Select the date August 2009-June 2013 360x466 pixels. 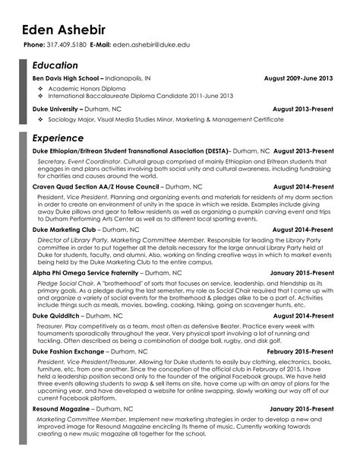(298, 78)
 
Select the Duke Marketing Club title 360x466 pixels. (64, 228)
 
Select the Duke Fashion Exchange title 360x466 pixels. (69, 353)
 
